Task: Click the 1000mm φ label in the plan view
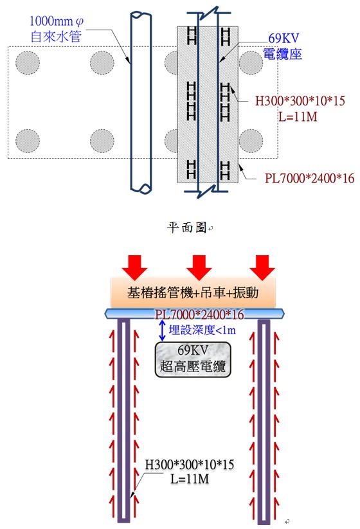pos(57,22)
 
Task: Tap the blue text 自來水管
pos(57,36)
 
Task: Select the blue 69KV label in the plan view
pos(283,38)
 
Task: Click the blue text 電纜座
pos(282,54)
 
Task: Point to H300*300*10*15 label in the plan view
pos(300,100)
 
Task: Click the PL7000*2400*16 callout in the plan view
pos(309,178)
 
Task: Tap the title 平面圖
pos(186,228)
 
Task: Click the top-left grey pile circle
pos(28,63)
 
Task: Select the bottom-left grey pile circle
pos(28,141)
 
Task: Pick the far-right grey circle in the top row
pos(251,63)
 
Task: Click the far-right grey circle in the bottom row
pos(251,141)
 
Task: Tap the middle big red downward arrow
pos(199,267)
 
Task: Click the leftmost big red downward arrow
pos(135,267)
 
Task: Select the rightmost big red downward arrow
pos(262,267)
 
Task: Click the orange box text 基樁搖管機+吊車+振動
pos(193,292)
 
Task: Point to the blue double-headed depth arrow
pos(162,330)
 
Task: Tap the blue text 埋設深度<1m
pos(202,330)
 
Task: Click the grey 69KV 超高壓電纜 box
pos(193,359)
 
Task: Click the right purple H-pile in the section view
pos(264,422)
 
